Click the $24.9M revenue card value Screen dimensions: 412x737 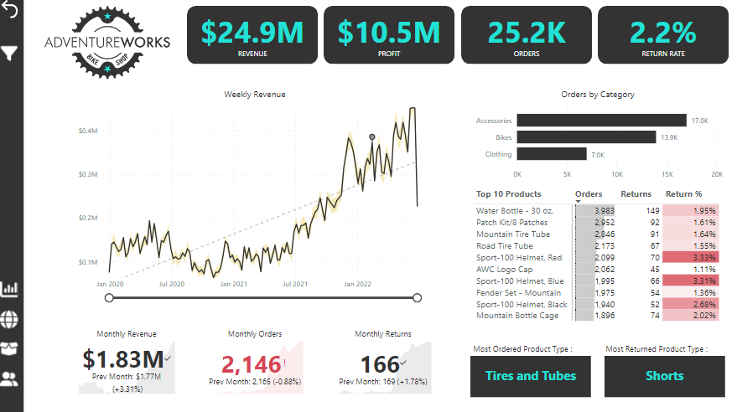252,33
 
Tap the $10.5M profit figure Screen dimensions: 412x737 388,33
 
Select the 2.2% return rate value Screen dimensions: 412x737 662,33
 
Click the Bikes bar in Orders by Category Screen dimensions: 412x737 586,136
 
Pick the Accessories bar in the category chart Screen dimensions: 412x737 601,121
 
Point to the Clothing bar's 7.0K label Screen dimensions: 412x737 597,154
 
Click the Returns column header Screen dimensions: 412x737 636,194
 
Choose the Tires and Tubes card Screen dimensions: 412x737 531,376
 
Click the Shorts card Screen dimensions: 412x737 664,376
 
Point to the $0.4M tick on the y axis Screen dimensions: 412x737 88,131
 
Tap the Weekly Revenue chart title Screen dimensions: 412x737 254,95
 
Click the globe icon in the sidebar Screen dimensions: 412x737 10,319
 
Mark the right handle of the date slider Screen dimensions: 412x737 418,297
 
